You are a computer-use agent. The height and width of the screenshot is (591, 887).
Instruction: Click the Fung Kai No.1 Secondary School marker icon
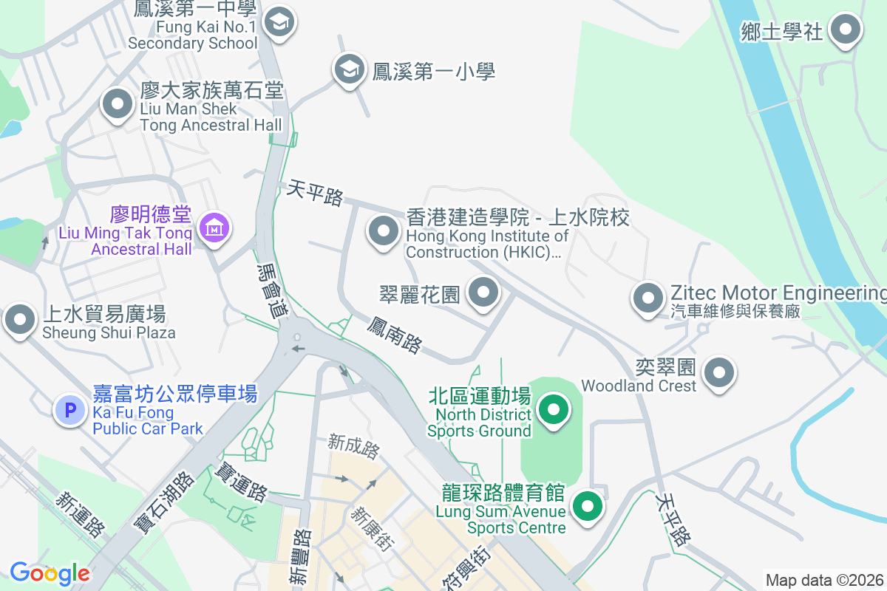click(279, 22)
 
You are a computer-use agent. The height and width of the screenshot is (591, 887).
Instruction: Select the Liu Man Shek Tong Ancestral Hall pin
click(117, 105)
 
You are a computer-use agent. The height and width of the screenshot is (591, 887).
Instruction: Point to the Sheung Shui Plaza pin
click(20, 320)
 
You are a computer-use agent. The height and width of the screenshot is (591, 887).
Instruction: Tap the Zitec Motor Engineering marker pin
click(648, 298)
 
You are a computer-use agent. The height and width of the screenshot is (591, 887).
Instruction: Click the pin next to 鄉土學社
click(845, 30)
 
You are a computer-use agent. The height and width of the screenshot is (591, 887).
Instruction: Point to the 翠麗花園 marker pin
click(483, 292)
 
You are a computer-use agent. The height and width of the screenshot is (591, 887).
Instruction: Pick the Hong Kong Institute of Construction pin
click(383, 232)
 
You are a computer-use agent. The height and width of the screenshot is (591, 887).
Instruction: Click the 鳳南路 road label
click(395, 335)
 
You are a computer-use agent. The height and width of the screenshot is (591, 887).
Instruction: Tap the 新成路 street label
click(353, 446)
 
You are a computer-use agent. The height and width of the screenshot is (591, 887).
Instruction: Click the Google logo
click(50, 573)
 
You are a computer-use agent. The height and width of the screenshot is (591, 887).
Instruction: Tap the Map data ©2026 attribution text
click(824, 581)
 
